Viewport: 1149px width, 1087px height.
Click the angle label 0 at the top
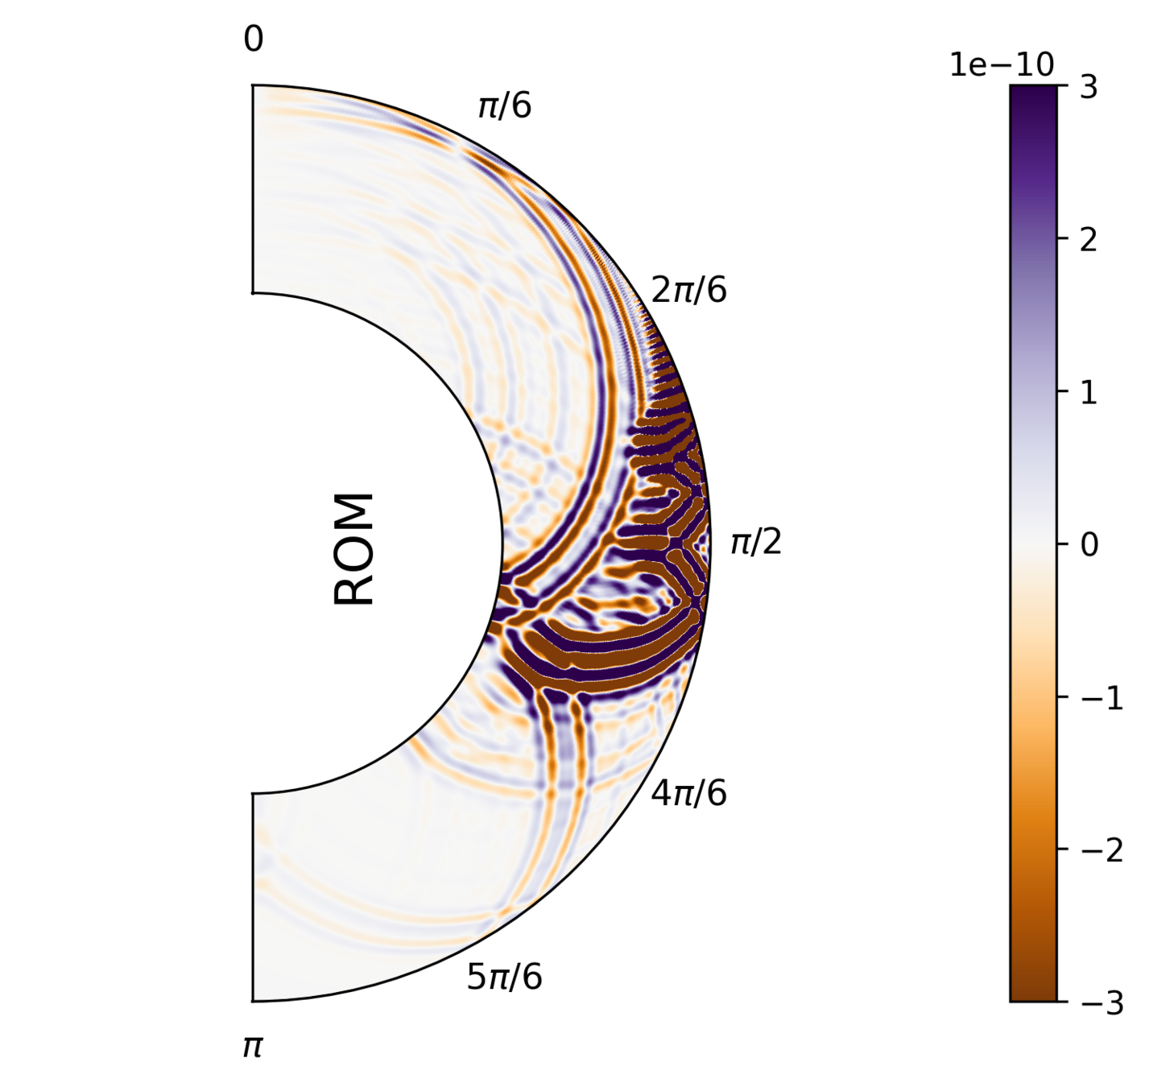tap(253, 39)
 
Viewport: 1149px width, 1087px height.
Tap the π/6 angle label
tap(505, 105)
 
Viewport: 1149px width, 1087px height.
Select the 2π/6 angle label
tap(688, 290)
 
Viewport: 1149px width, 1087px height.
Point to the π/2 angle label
tap(755, 543)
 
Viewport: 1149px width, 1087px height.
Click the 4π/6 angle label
tap(688, 794)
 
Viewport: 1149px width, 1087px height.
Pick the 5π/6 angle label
tap(504, 977)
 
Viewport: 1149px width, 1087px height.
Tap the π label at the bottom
tap(253, 1047)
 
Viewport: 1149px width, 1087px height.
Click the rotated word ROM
tap(354, 548)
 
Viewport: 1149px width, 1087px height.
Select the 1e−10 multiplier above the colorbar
tap(1001, 64)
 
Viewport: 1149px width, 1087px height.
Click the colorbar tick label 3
tap(1089, 87)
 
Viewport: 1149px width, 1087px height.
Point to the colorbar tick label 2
tap(1089, 240)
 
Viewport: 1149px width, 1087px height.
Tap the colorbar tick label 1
tap(1089, 392)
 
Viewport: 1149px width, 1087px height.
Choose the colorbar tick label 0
tap(1089, 545)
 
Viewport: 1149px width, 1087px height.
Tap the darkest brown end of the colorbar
tap(1033, 996)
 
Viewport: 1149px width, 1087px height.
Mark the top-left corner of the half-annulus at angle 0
tap(254, 85)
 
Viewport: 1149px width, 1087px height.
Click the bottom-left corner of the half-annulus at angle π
tap(254, 1000)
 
